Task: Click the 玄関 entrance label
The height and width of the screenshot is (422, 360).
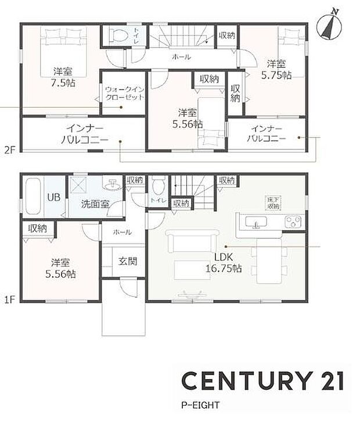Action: [128, 262]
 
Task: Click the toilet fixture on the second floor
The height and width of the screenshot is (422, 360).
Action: [120, 35]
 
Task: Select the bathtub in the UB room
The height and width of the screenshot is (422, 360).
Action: [34, 196]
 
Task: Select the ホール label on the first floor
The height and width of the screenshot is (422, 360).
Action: [122, 232]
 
